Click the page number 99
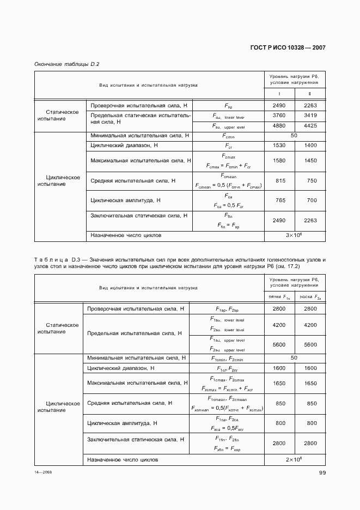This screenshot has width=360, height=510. pyautogui.click(x=322, y=473)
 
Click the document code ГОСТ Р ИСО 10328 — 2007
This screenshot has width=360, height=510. pyautogui.click(x=288, y=48)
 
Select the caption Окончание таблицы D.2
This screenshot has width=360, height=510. pyautogui.click(x=66, y=64)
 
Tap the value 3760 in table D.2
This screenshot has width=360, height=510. pyautogui.click(x=278, y=116)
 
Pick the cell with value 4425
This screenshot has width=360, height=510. pyautogui.click(x=310, y=126)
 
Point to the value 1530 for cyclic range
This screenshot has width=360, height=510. pyautogui.click(x=278, y=146)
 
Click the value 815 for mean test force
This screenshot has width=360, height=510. pyautogui.click(x=278, y=180)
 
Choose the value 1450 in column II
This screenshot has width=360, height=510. pyautogui.click(x=310, y=160)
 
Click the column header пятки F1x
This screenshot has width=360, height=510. pyautogui.click(x=279, y=297)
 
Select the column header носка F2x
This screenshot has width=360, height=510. pyautogui.click(x=310, y=297)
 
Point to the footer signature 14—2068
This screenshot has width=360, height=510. pyautogui.click(x=43, y=473)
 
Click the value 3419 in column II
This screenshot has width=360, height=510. pyautogui.click(x=310, y=116)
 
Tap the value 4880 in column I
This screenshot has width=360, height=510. pyautogui.click(x=278, y=126)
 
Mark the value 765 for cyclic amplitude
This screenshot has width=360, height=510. pyautogui.click(x=278, y=201)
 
